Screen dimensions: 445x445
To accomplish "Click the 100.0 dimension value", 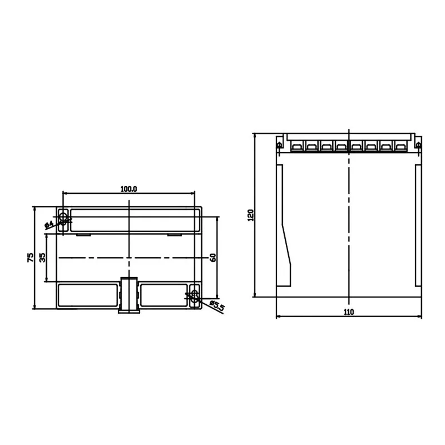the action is click(128, 189).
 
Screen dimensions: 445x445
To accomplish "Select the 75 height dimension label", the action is click(30, 258).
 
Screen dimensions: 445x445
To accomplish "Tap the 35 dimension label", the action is click(42, 258).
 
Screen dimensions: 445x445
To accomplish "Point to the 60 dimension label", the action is click(213, 258).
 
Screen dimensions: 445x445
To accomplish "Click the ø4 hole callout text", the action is click(49, 225).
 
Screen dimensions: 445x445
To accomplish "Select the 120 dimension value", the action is click(251, 215).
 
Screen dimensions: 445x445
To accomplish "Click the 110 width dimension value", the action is click(349, 312).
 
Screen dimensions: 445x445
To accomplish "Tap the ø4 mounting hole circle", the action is click(63, 217).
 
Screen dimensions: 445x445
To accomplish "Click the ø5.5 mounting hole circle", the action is click(195, 296).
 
